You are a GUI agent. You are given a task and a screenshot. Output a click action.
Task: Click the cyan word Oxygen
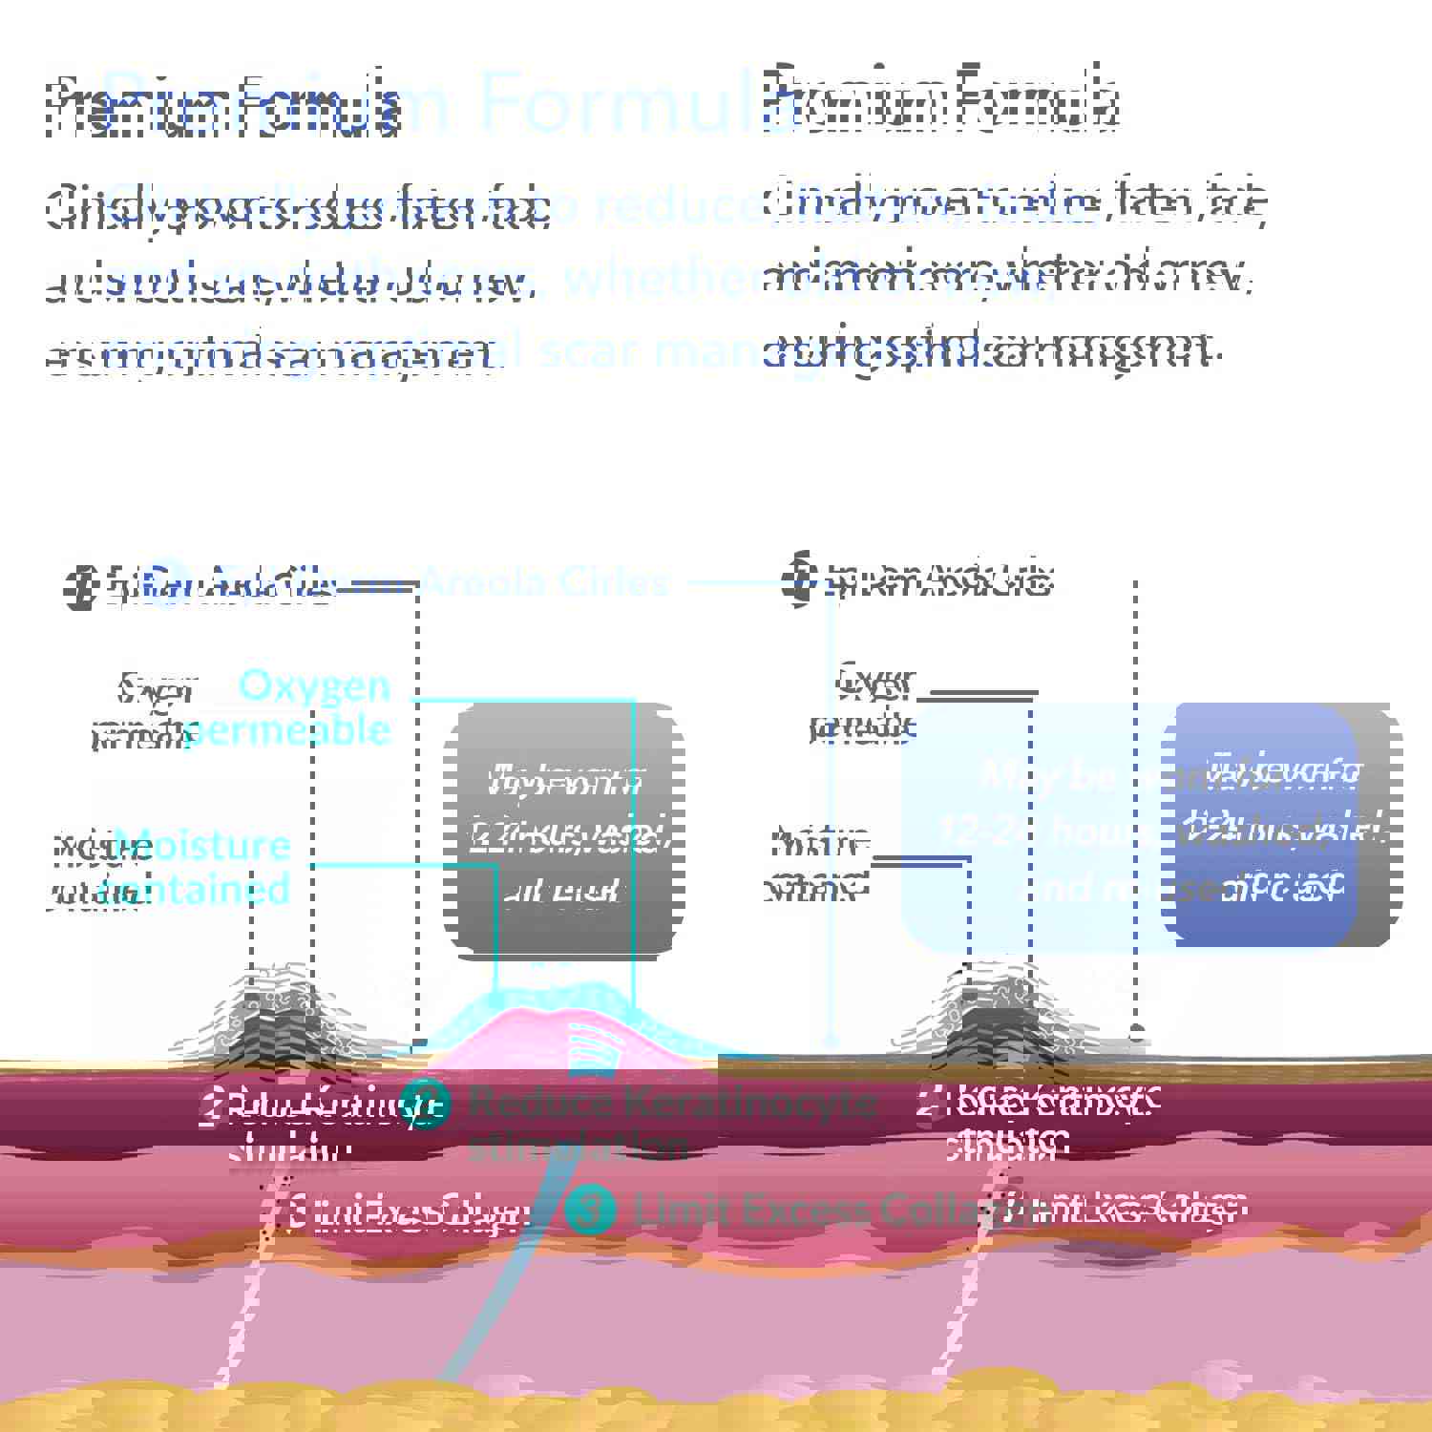pyautogui.click(x=315, y=685)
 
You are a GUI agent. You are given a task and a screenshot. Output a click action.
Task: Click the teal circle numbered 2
pyautogui.click(x=425, y=1105)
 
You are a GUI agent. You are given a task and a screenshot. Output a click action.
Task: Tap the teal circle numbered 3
pyautogui.click(x=590, y=1210)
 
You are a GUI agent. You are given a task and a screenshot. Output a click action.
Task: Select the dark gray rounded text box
pyautogui.click(x=563, y=831)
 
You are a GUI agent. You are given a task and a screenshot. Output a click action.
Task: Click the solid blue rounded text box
pyautogui.click(x=1260, y=826)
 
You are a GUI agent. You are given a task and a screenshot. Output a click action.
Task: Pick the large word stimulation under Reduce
pyautogui.click(x=578, y=1146)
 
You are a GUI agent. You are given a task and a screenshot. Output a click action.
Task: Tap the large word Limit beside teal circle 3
pyautogui.click(x=678, y=1211)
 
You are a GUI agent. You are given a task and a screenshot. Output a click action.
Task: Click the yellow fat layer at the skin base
pyautogui.click(x=716, y=1408)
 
